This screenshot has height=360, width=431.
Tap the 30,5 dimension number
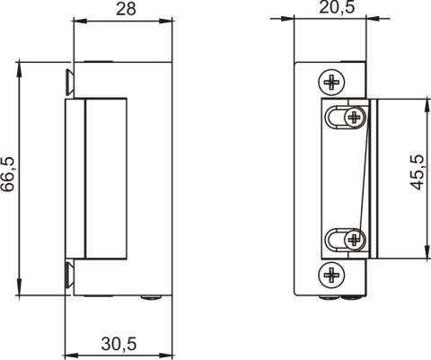[x=119, y=344]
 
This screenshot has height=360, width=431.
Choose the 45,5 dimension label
[x=416, y=170]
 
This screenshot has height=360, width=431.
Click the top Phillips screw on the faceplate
[x=332, y=82]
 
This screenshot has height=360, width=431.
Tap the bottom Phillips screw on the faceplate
[x=332, y=273]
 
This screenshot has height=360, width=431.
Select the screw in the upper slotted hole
[x=355, y=117]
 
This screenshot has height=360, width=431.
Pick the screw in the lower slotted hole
[x=354, y=239]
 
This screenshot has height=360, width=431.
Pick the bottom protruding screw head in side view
[x=68, y=274]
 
